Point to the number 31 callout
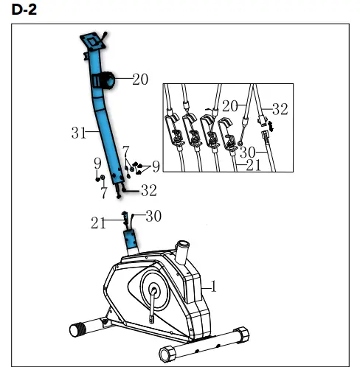click(x=79, y=133)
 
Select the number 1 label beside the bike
click(x=215, y=286)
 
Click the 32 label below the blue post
click(x=148, y=191)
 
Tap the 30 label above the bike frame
click(x=153, y=216)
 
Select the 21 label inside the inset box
click(x=253, y=165)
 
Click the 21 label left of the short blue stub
click(x=98, y=222)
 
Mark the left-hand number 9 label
click(x=97, y=163)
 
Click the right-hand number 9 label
click(x=155, y=166)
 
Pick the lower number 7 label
click(x=103, y=192)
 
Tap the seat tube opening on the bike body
click(x=181, y=245)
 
